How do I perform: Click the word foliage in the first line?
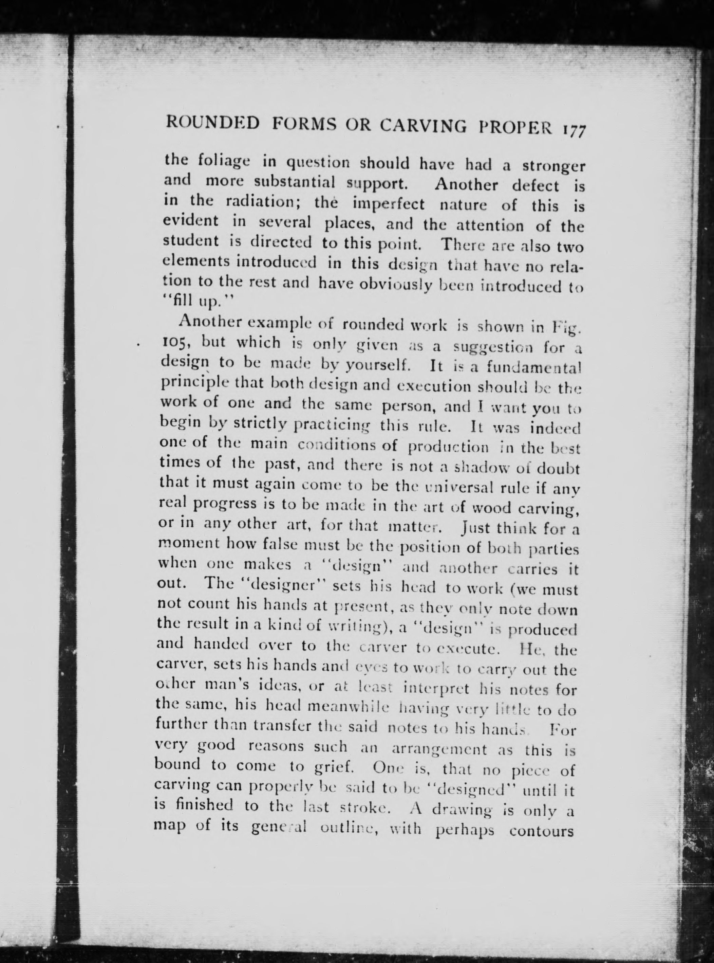[x=224, y=163]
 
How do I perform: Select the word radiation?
[x=261, y=201]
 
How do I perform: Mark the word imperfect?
[x=389, y=204]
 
